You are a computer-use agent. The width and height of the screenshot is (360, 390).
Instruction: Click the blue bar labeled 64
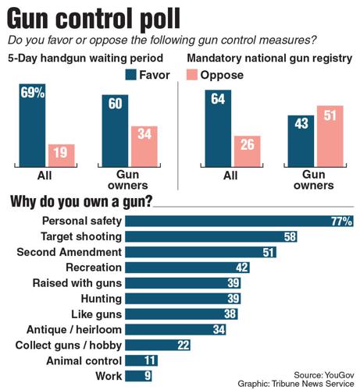click(219, 128)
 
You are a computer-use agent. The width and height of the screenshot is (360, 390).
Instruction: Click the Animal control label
click(84, 360)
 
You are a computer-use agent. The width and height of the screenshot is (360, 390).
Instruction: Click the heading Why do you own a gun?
click(80, 202)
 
